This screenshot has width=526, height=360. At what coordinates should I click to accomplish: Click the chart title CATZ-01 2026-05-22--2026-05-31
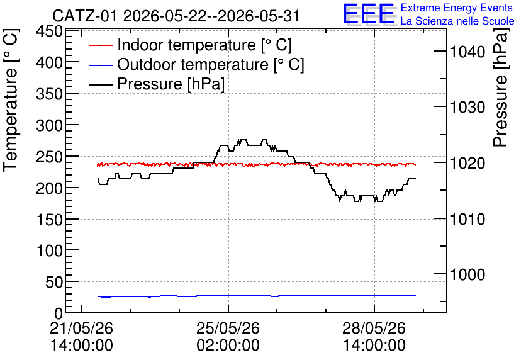tap(176, 16)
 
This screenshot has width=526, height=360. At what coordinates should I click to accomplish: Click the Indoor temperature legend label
tap(204, 45)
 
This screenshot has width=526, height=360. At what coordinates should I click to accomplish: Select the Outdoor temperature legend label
tap(211, 64)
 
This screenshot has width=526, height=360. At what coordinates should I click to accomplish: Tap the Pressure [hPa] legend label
tap(171, 84)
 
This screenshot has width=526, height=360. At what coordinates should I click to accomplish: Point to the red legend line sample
tap(100, 45)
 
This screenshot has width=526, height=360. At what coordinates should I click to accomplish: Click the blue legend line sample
tap(100, 65)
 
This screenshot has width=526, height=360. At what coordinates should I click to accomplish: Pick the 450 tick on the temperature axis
tap(50, 32)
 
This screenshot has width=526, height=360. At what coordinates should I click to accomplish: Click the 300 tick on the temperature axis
tap(50, 126)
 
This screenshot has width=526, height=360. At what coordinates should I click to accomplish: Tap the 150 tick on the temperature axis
tap(50, 220)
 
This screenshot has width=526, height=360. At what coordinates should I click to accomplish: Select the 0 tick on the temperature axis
tap(59, 314)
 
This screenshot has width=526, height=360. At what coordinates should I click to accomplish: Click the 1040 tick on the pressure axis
tap(467, 52)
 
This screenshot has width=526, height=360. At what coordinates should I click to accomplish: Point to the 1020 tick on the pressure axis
tap(467, 164)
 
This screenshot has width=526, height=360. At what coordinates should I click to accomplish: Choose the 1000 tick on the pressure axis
tap(467, 275)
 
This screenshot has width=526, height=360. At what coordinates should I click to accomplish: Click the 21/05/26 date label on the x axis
tap(82, 328)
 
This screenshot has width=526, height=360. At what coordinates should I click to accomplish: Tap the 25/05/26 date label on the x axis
tap(228, 328)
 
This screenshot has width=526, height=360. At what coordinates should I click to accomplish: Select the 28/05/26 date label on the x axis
tap(374, 328)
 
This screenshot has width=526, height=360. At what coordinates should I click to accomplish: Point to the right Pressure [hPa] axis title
tap(501, 87)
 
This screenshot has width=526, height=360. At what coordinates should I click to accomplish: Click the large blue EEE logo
tap(369, 14)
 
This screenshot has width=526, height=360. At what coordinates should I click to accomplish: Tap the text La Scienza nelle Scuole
tap(457, 21)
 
